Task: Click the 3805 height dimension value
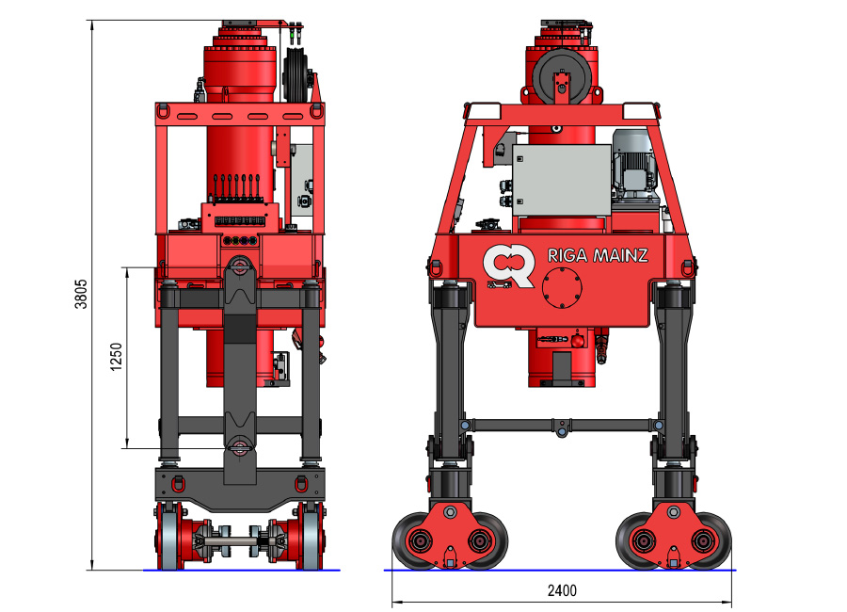tap(81, 294)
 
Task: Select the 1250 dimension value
tap(116, 357)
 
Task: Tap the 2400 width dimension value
tap(562, 590)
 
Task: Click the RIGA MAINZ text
tap(598, 255)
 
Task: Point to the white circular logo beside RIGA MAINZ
tap(508, 266)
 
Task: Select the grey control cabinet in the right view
tap(561, 181)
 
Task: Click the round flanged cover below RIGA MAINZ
tap(562, 288)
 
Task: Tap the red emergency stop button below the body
tap(578, 341)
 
